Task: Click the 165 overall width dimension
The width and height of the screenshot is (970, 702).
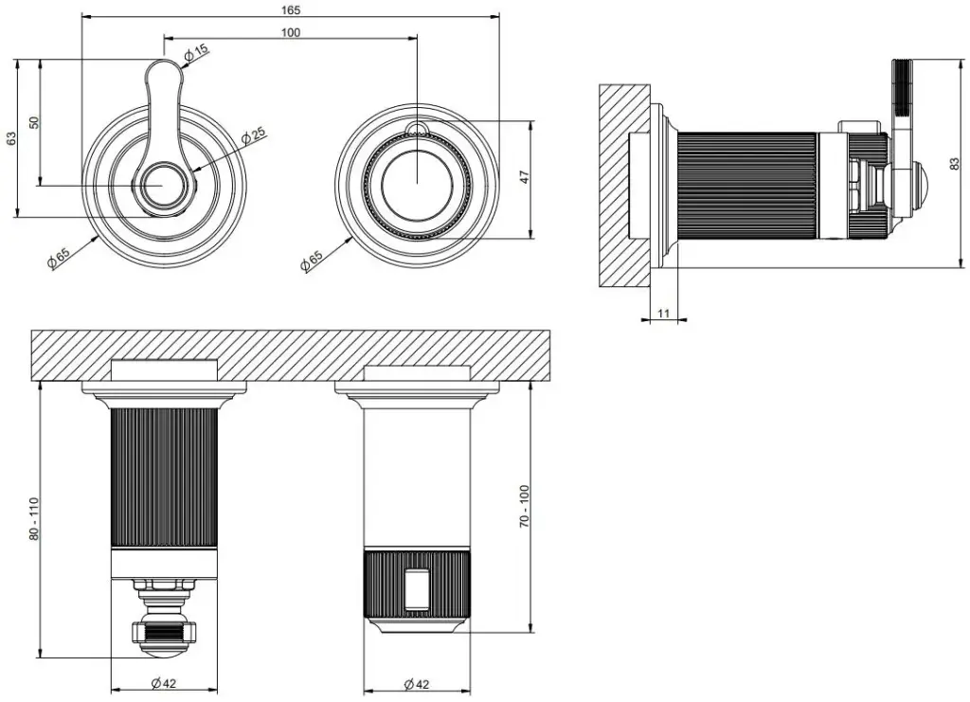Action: (x=291, y=9)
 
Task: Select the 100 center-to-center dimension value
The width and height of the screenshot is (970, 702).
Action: (x=291, y=32)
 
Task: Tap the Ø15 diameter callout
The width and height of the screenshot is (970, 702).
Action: (x=197, y=53)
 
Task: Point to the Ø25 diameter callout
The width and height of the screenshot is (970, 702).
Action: (x=253, y=135)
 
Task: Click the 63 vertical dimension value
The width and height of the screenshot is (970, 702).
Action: (x=11, y=138)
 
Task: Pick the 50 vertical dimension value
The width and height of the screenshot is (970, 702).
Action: (x=33, y=122)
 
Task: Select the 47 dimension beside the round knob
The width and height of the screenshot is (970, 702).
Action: (x=524, y=177)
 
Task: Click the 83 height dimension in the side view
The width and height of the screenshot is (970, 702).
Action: (x=954, y=163)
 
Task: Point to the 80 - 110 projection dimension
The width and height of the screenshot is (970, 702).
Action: (x=34, y=518)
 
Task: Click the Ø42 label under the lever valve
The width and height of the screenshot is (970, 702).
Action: (x=165, y=683)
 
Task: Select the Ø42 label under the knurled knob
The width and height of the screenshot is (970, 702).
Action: (x=417, y=683)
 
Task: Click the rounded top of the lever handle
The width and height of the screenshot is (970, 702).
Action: (x=166, y=68)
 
